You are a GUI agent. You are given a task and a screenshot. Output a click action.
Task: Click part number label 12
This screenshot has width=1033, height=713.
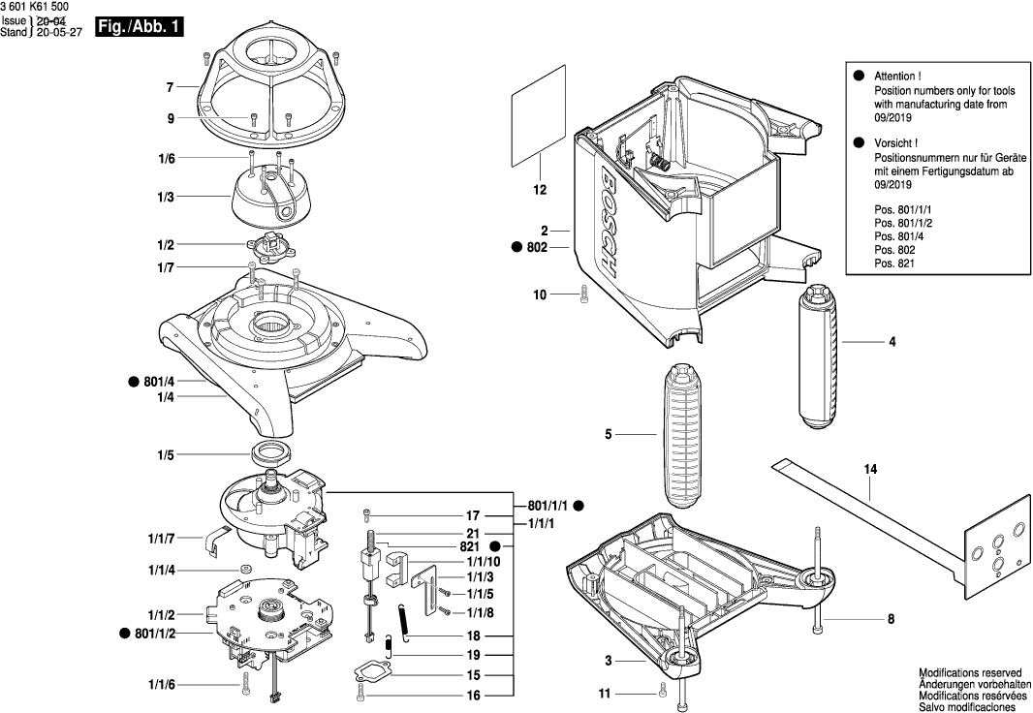540,191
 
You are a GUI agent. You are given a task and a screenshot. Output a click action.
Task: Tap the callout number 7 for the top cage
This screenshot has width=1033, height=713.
169,87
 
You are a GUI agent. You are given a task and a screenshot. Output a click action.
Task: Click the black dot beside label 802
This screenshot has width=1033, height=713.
516,248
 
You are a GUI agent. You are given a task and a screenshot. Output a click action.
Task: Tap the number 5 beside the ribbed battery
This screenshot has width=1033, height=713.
609,435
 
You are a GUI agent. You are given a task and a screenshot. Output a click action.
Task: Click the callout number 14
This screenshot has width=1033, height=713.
870,470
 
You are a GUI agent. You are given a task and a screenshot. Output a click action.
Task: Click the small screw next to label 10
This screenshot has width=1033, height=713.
582,294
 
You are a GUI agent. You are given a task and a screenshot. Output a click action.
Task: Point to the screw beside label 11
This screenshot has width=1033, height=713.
662,692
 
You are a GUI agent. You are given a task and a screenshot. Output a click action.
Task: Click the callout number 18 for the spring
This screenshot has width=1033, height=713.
473,635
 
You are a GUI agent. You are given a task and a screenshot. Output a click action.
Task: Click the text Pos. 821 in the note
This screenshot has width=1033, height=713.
893,263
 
